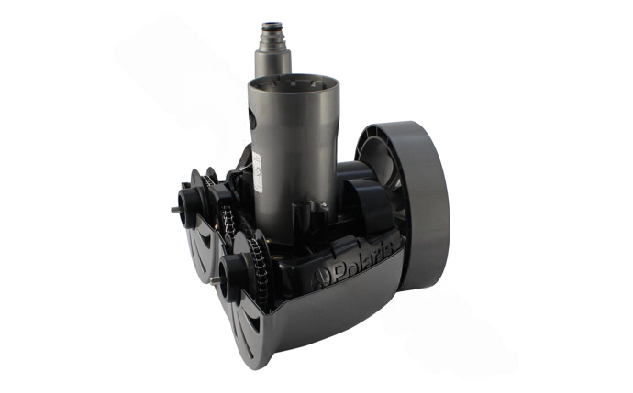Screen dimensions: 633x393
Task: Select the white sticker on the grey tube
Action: [257, 172]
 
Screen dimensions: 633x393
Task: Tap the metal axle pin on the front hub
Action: [215, 280]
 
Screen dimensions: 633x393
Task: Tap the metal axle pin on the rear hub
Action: [175, 209]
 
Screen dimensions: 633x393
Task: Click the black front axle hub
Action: [229, 276]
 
